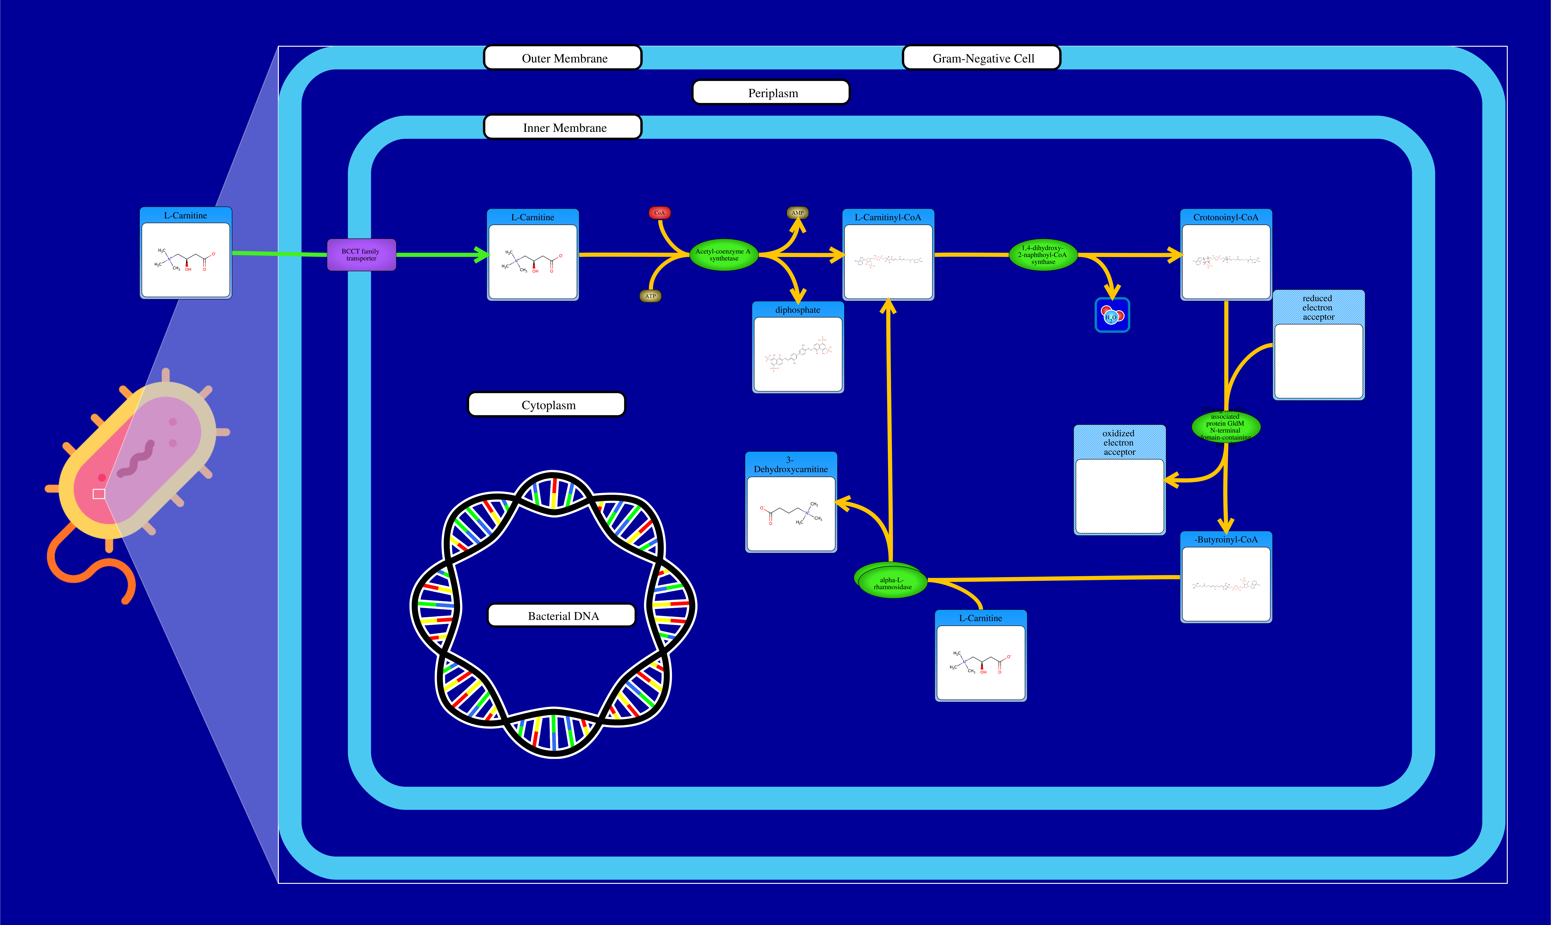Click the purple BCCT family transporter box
(x=361, y=255)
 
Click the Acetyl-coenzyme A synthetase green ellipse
(x=723, y=255)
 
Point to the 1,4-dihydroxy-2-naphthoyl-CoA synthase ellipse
(x=1043, y=255)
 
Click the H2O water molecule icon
(x=1112, y=316)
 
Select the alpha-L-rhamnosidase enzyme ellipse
(x=892, y=583)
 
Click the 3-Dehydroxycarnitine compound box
(x=791, y=502)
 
